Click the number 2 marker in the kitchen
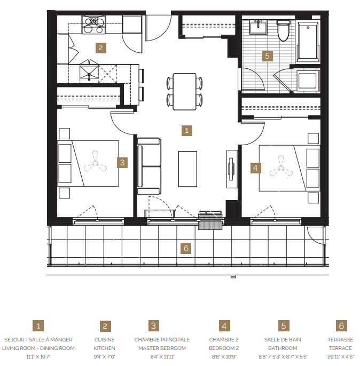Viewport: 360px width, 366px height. coord(101,47)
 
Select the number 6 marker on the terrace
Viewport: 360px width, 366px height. coord(185,248)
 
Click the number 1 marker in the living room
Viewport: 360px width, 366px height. coord(186,130)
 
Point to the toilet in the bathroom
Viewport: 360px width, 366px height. coord(284,31)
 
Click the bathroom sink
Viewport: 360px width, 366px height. coord(260,26)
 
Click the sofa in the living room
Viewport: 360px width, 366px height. coord(149,166)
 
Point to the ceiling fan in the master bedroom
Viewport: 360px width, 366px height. coord(95,163)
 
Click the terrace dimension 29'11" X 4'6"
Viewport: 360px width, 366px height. coord(340,356)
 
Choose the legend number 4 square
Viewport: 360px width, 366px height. coord(225,326)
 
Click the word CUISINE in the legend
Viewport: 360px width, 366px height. coord(105,340)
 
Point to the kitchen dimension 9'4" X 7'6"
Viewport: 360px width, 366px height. coord(105,356)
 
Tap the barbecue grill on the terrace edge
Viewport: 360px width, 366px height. coord(210,220)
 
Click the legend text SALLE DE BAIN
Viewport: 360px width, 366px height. coord(284,340)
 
